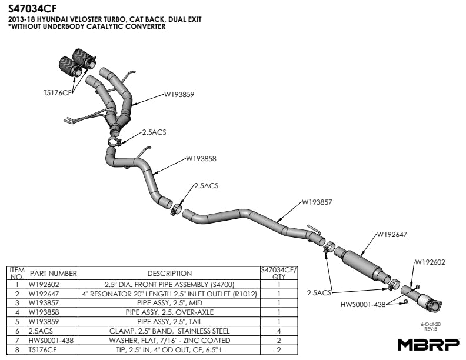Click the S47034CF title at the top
coord(32,9)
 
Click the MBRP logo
coord(428,345)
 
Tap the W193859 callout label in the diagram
coord(179,95)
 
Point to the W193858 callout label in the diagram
coord(201,159)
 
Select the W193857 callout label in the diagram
coord(317,202)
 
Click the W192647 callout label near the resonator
coord(392,235)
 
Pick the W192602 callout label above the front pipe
coord(430,262)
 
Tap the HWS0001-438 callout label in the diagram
coord(363,305)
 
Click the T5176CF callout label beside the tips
coord(58,93)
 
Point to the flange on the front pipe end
coord(434,305)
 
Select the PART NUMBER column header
coord(54,274)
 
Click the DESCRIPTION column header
coord(169,274)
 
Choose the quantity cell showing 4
coord(279,331)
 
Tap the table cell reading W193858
coord(44,312)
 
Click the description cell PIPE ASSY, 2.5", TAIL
coord(169,322)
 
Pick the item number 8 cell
coord(17,350)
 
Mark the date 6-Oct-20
coord(431,324)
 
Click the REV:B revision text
coord(431,329)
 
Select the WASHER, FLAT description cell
coord(169,341)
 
